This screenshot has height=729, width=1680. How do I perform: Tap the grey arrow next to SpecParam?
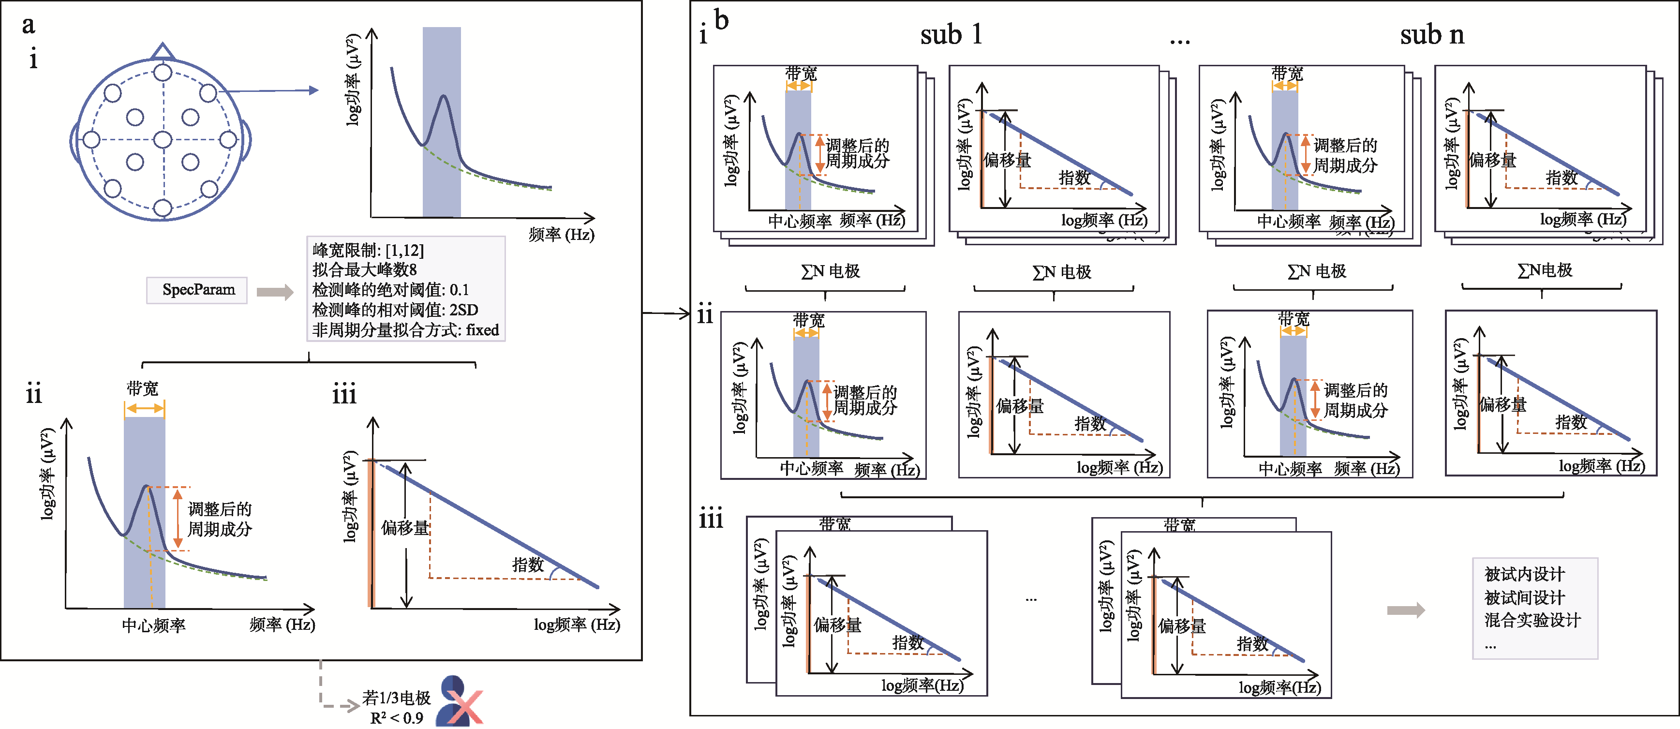[275, 292]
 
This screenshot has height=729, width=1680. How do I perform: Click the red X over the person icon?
[464, 707]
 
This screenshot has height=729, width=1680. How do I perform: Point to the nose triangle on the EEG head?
[163, 51]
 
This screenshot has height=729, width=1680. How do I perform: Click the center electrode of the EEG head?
[163, 139]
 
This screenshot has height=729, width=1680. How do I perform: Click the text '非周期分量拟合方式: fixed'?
[405, 330]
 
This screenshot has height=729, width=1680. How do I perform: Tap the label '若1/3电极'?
[397, 699]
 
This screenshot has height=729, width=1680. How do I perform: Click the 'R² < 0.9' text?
[397, 718]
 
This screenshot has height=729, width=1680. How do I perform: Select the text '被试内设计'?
[1524, 575]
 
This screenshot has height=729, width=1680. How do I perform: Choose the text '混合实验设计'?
[1532, 620]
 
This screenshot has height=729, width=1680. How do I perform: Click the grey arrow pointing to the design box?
[1405, 610]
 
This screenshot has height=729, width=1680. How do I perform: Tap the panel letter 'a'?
[28, 25]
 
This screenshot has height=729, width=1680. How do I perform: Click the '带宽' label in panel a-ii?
[142, 389]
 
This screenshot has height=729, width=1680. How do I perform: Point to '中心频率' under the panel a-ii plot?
[153, 626]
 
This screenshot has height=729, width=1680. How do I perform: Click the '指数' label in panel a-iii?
[528, 565]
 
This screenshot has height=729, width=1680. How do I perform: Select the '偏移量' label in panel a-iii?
[405, 528]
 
